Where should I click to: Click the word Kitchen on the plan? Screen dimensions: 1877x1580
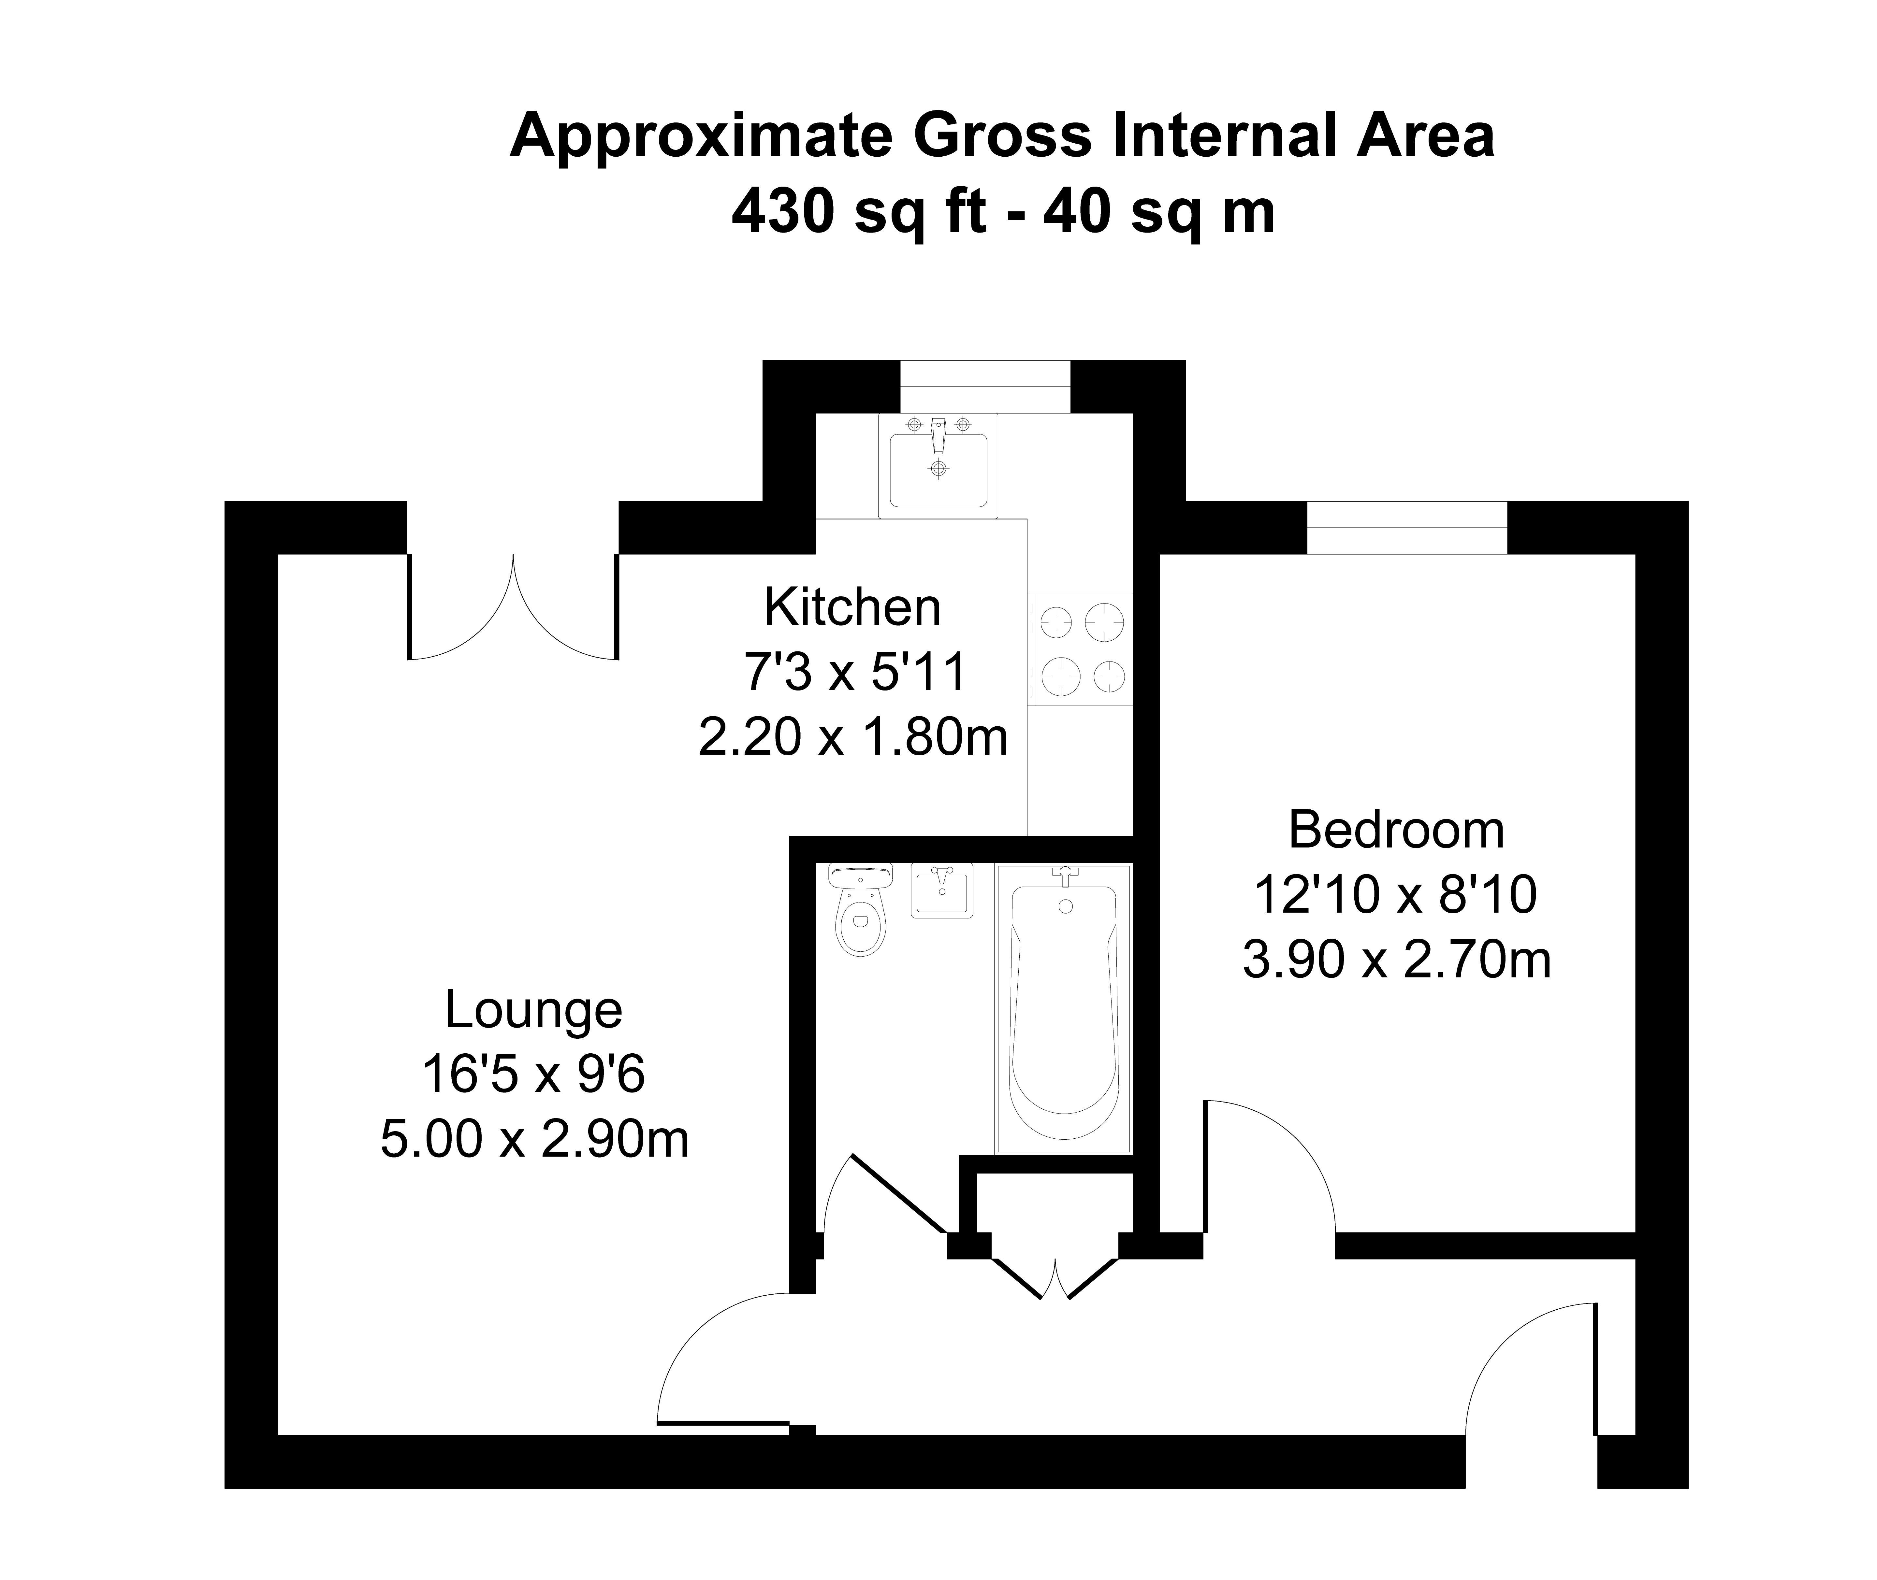852,607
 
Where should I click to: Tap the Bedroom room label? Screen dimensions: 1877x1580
1396,830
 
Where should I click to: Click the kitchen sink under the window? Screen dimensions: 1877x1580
938,466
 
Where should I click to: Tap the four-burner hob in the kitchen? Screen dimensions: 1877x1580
1080,649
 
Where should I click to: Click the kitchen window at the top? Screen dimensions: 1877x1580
985,387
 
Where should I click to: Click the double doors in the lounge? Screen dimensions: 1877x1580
513,607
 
